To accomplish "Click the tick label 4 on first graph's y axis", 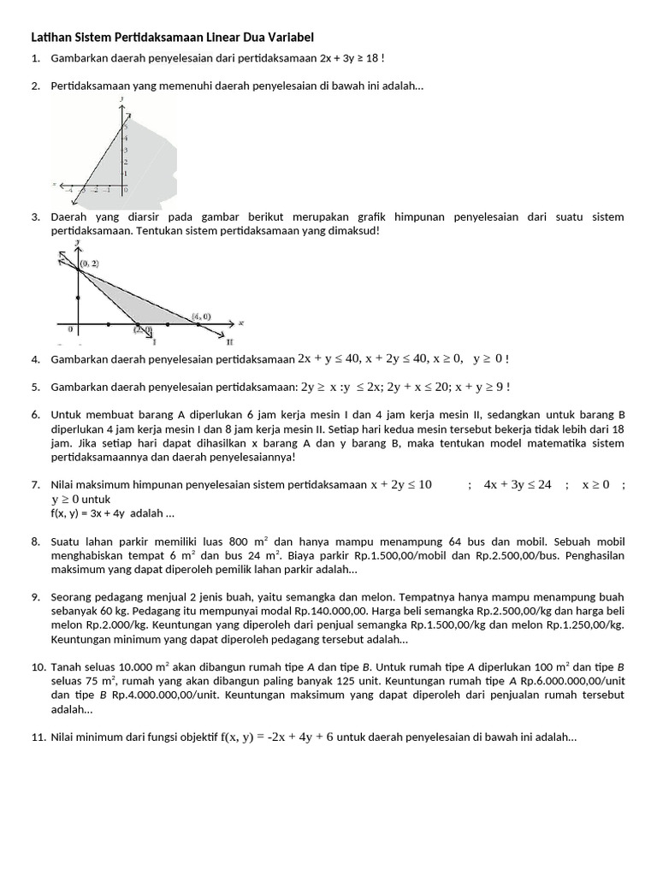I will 127,138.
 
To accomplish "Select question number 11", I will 38,737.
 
